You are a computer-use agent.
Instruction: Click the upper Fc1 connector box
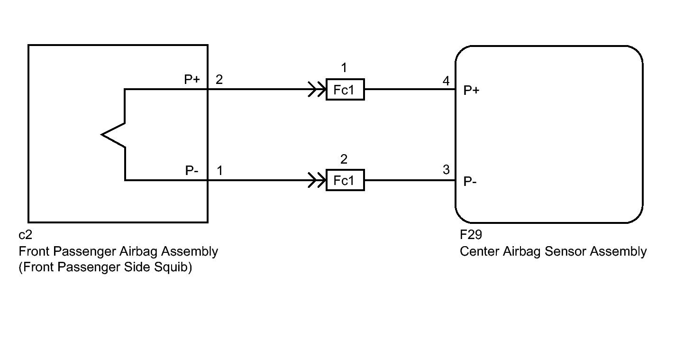(x=345, y=90)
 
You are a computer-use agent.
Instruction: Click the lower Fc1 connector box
(x=345, y=180)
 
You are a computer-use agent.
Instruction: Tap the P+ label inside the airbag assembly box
(x=192, y=79)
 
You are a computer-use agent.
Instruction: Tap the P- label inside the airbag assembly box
(x=192, y=170)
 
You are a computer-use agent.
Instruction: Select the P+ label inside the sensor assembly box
(x=471, y=90)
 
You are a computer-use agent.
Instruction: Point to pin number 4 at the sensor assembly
(x=446, y=81)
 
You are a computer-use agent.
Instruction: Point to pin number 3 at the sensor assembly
(x=446, y=170)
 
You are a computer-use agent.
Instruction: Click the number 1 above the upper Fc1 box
(x=344, y=68)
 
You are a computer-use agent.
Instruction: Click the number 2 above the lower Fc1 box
(x=344, y=159)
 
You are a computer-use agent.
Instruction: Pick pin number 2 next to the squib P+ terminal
(x=219, y=80)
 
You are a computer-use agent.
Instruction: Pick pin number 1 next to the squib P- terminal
(x=219, y=171)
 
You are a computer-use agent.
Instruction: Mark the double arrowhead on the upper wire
(x=317, y=89)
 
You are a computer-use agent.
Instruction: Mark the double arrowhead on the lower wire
(x=317, y=180)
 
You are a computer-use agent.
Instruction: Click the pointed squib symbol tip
(x=101, y=135)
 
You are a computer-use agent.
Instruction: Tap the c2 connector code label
(x=25, y=235)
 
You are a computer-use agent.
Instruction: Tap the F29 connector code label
(x=471, y=235)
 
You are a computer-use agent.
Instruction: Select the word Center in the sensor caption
(x=479, y=251)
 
